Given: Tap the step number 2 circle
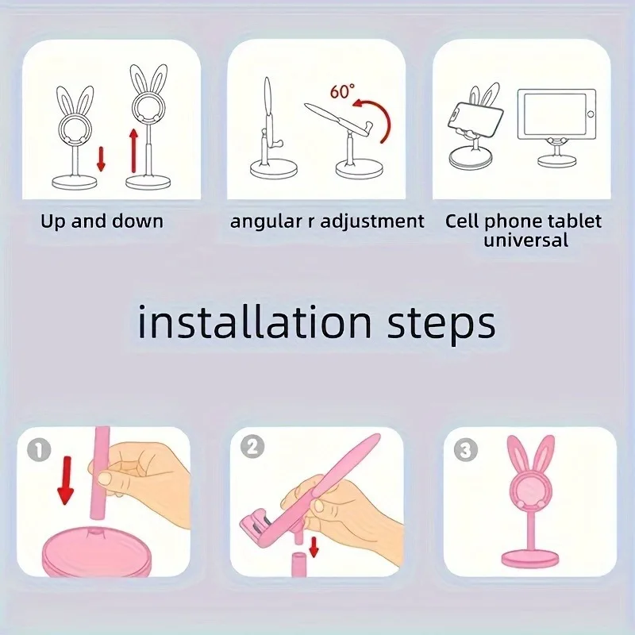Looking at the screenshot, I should click(252, 447).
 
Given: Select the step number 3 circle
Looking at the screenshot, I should click(465, 451).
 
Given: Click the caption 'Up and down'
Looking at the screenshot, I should click(102, 221).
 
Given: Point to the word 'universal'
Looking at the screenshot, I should click(526, 240).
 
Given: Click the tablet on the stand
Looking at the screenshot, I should click(555, 115).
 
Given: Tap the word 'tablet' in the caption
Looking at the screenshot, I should click(575, 221).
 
